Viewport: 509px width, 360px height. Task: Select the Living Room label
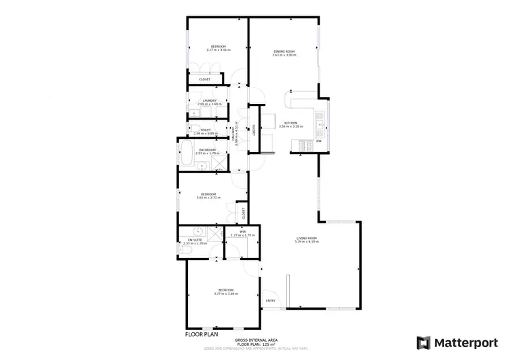(307, 238)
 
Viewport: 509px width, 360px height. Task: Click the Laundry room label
(209, 101)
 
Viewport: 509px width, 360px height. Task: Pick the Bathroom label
(207, 149)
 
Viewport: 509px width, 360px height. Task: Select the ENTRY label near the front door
(270, 300)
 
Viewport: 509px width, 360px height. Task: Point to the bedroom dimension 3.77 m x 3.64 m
(226, 293)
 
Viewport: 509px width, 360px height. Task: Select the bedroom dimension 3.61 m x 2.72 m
(208, 198)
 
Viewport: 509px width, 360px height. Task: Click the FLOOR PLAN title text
(202, 334)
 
